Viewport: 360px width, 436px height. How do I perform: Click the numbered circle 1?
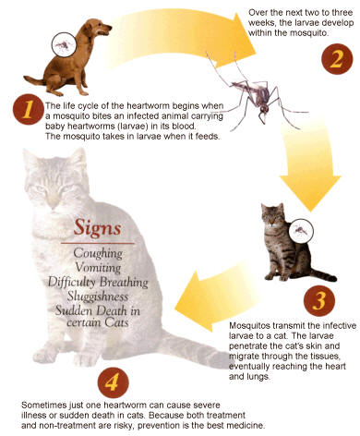click(29, 109)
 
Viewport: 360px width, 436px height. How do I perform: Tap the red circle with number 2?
click(337, 58)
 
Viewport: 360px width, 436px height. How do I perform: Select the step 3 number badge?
click(319, 301)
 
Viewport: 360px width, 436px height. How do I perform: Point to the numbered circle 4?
click(113, 382)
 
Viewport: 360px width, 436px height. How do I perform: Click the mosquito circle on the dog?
click(64, 44)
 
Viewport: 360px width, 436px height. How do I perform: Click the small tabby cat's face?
click(271, 216)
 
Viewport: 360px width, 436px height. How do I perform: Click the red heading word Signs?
click(97, 228)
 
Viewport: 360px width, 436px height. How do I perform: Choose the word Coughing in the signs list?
click(98, 254)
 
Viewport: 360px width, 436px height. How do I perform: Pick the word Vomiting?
click(98, 267)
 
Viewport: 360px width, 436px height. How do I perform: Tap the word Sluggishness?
click(98, 297)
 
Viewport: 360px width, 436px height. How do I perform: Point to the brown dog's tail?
click(34, 80)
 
